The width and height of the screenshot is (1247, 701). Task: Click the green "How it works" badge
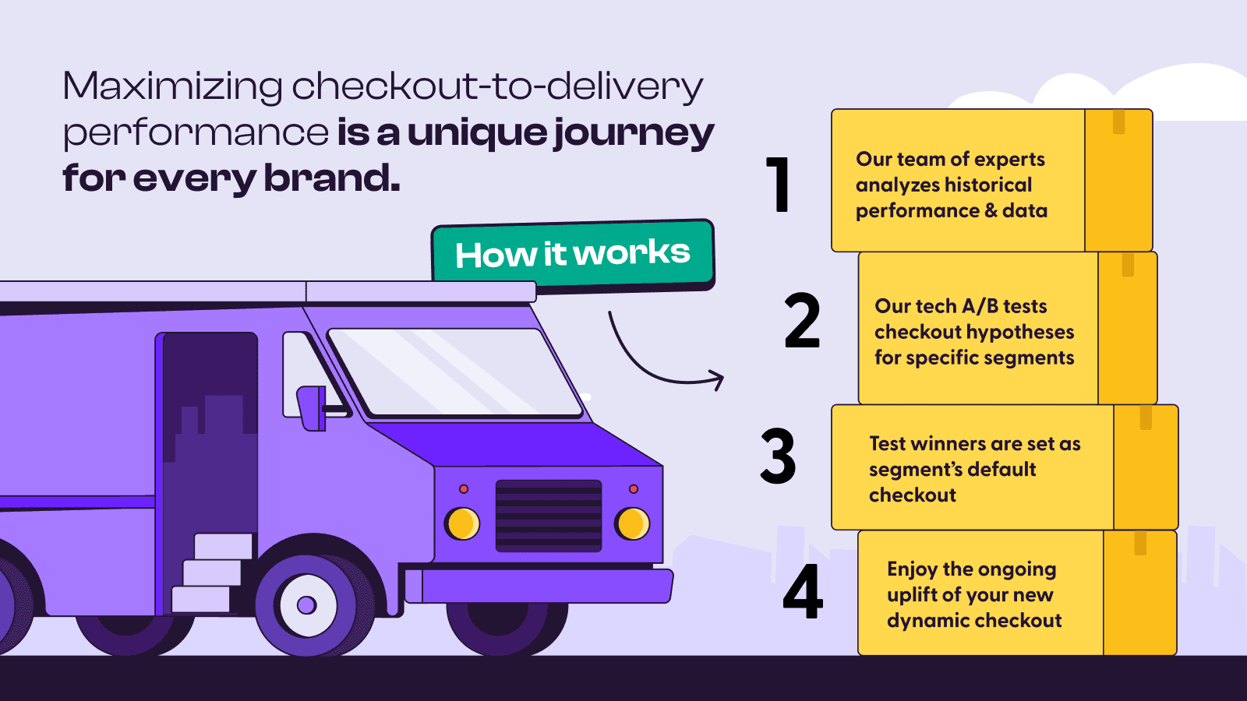(x=573, y=254)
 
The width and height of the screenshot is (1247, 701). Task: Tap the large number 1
(x=779, y=185)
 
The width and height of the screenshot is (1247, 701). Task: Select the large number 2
(x=802, y=320)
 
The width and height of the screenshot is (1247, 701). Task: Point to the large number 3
(x=778, y=456)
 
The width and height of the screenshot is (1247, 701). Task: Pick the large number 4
(x=803, y=592)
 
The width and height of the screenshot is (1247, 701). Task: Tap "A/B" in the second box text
(x=980, y=306)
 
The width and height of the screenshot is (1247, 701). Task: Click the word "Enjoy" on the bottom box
(x=912, y=570)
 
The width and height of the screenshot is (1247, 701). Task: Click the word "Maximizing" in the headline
(x=172, y=86)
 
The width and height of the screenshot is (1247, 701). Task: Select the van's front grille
(x=549, y=516)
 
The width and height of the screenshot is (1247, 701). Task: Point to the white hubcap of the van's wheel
(x=307, y=605)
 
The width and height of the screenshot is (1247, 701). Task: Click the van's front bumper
(x=546, y=586)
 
